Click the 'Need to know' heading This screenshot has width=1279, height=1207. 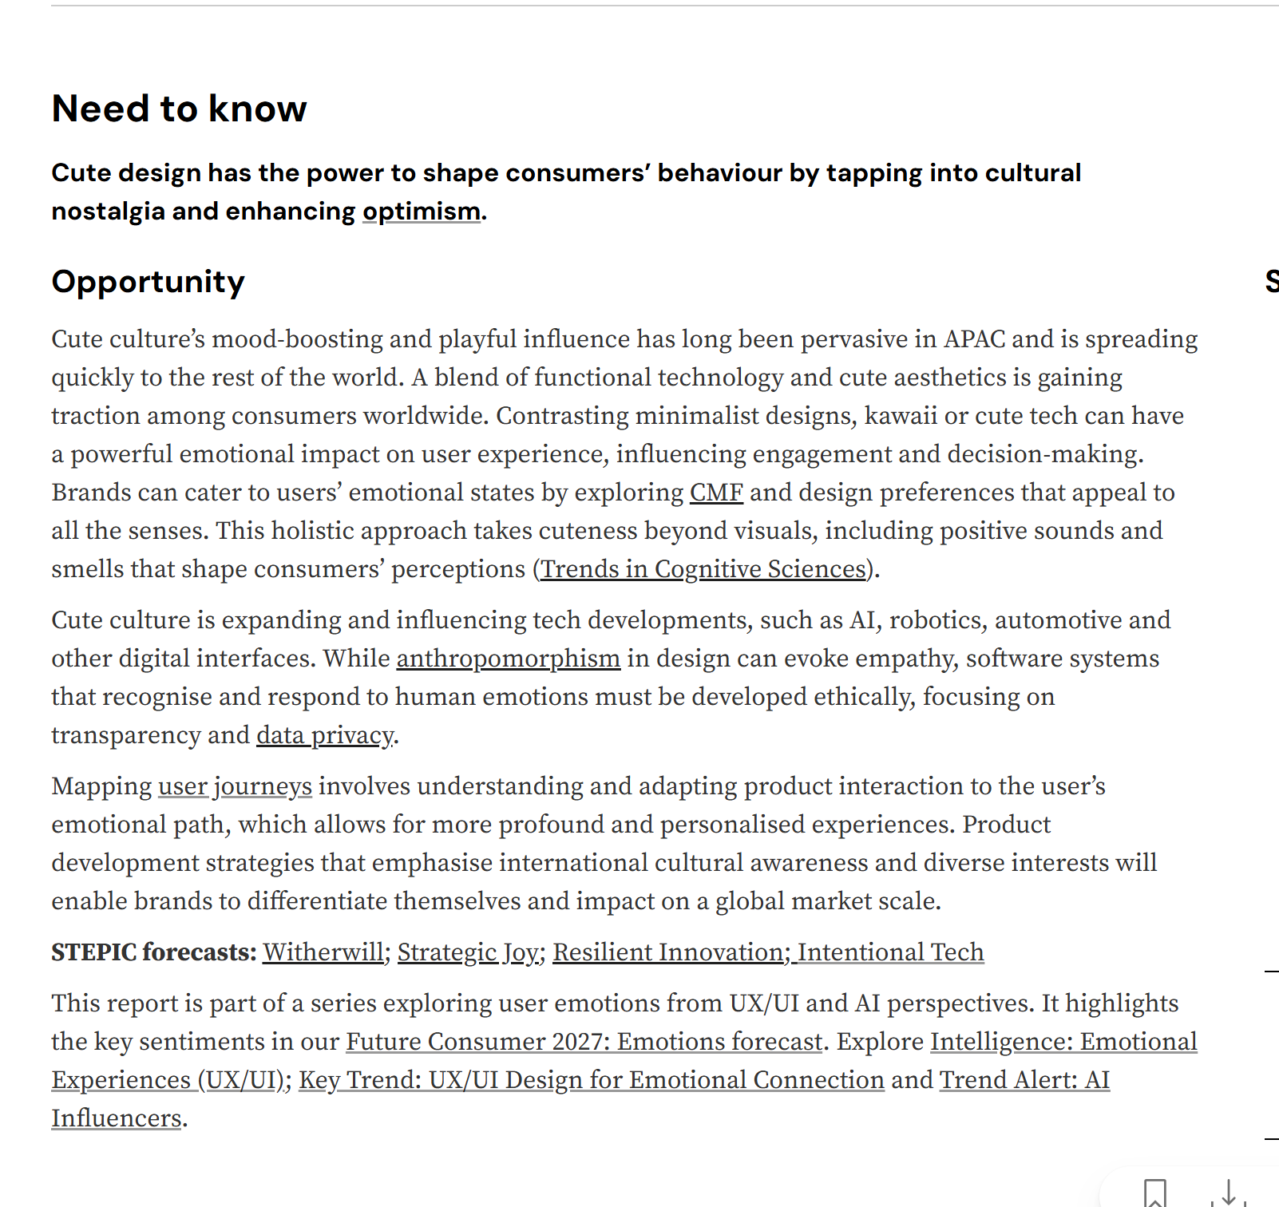[x=179, y=109]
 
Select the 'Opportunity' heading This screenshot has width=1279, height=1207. [x=148, y=282]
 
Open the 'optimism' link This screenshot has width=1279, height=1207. [x=421, y=212]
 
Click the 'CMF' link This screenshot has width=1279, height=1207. [x=716, y=493]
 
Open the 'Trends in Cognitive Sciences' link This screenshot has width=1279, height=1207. [x=703, y=569]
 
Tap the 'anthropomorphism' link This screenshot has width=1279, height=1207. [x=508, y=659]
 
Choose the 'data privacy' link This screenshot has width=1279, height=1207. [x=324, y=735]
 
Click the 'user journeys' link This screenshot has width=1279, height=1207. [x=235, y=786]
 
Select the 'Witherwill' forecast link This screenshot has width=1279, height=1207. [x=323, y=952]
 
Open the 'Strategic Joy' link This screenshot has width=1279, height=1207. [x=468, y=952]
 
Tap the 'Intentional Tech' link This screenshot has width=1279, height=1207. [x=890, y=952]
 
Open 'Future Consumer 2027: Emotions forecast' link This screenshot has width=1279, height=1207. [x=584, y=1042]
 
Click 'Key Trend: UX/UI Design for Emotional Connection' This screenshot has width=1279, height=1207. [x=591, y=1080]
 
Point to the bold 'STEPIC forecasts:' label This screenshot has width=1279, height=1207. [x=153, y=952]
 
